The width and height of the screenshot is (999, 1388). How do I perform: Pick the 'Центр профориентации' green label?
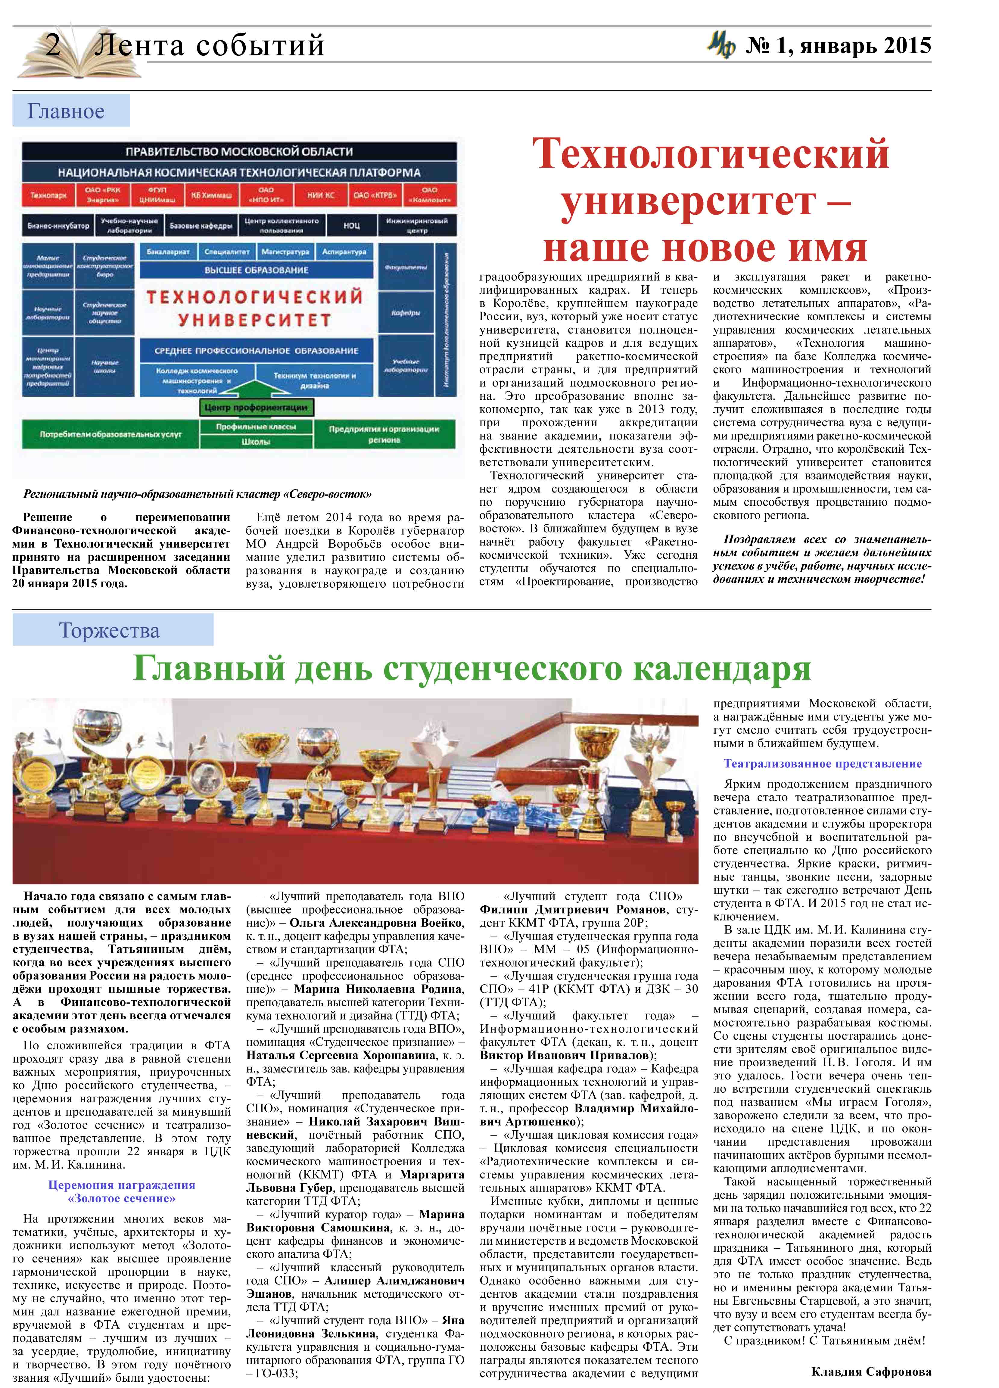coord(256,407)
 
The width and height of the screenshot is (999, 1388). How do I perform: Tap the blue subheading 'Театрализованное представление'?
coord(822,764)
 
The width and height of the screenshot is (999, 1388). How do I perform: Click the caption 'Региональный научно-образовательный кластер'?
coord(197,494)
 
